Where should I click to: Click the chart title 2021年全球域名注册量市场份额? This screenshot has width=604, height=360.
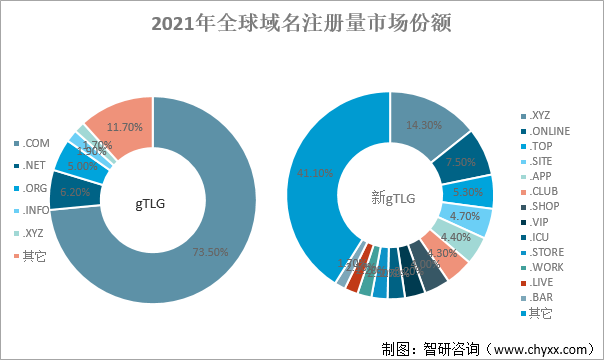coord(301,23)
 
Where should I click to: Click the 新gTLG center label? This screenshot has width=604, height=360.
coord(390,198)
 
